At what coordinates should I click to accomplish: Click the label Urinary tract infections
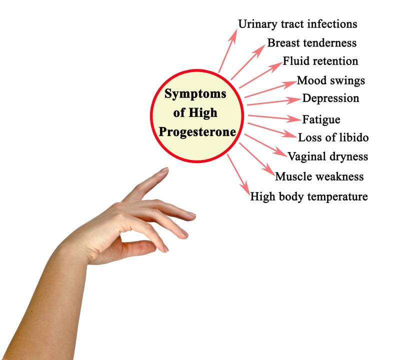point(297,24)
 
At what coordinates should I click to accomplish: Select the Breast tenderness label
point(311,43)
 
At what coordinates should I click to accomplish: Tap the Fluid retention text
point(320,61)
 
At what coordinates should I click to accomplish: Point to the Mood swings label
point(330,80)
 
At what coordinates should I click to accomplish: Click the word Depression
point(330,98)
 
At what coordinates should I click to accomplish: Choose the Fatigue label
point(321,120)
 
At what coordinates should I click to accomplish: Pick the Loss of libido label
point(333,137)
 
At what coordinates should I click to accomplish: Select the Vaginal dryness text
point(327,157)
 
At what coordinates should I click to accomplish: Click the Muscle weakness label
point(319,176)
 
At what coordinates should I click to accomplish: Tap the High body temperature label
point(309,196)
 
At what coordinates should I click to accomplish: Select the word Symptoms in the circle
point(195,93)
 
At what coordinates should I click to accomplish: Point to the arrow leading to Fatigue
point(273,117)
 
